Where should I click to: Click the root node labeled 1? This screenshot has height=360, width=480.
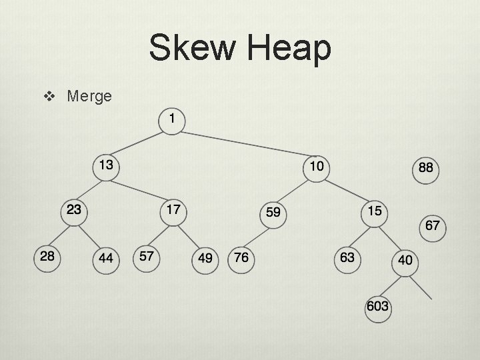[172, 119]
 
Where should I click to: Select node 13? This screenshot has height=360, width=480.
[105, 164]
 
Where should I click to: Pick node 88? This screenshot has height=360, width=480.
[425, 168]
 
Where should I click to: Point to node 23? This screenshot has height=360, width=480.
[73, 210]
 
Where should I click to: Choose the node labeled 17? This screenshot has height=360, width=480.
[173, 210]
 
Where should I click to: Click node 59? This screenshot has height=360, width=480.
[273, 213]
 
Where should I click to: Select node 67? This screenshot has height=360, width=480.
[432, 225]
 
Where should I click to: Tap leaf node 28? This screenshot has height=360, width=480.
[47, 257]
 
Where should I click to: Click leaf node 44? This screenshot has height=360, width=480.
[105, 258]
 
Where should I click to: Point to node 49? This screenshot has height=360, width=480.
[205, 258]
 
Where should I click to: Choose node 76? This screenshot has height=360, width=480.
[241, 257]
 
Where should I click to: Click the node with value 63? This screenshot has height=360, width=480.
[347, 257]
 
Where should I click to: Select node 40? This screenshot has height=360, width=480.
[405, 260]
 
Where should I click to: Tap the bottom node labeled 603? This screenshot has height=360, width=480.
[377, 307]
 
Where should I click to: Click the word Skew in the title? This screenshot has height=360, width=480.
[191, 49]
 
